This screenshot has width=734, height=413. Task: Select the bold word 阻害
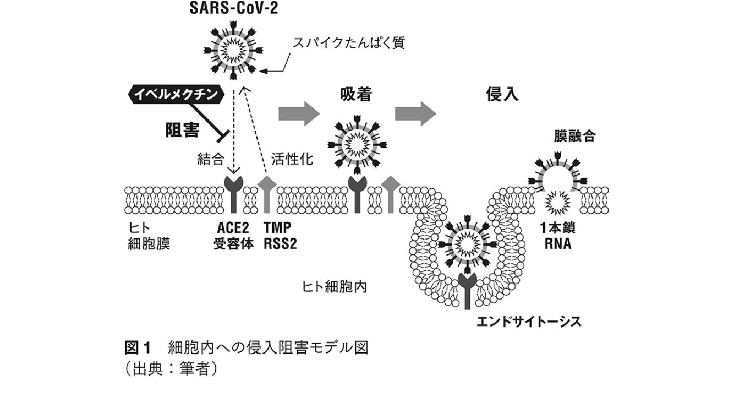[x=182, y=130]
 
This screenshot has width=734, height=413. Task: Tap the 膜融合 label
[x=574, y=135]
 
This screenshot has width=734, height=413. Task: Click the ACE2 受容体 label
[x=233, y=235]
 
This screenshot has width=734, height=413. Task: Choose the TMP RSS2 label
[x=280, y=235]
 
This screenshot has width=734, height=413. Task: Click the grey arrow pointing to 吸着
[x=299, y=113]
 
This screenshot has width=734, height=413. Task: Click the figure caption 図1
[x=136, y=349]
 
